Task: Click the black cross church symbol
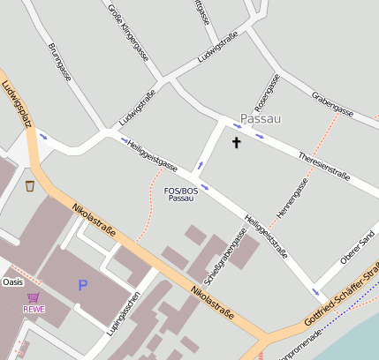click(x=236, y=141)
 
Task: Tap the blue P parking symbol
click(x=83, y=285)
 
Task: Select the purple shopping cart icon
click(x=34, y=297)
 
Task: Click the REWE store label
click(x=34, y=309)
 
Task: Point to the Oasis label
click(x=12, y=281)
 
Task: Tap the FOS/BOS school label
click(x=181, y=194)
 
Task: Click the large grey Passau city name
click(x=261, y=117)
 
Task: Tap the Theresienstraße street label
click(x=325, y=165)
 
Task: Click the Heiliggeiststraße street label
click(x=266, y=236)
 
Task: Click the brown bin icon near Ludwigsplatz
click(x=30, y=186)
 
